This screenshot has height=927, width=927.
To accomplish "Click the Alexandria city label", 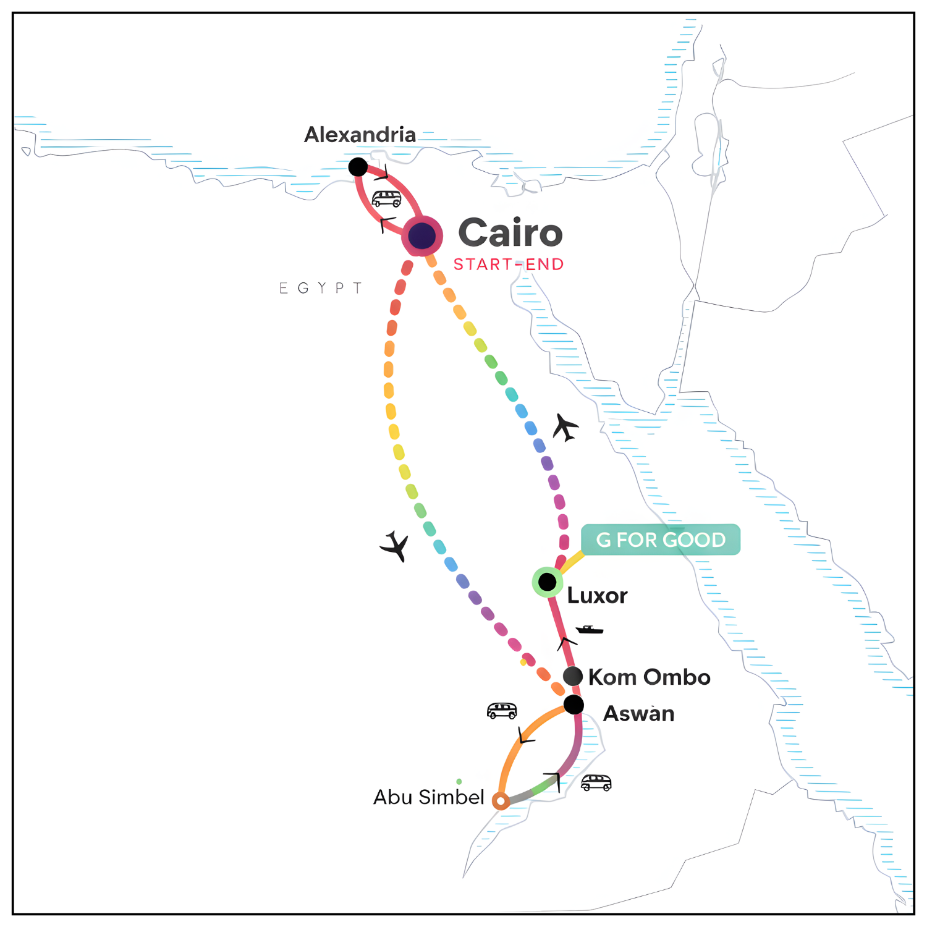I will tap(360, 135).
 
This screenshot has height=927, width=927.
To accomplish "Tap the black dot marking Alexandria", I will tap(358, 167).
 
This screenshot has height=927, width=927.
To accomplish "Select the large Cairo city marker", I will tap(422, 236).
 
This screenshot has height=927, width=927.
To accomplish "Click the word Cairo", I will tap(510, 233).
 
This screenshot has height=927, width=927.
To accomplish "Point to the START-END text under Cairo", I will tap(509, 265).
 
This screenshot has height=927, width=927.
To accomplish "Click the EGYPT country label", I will tap(320, 288).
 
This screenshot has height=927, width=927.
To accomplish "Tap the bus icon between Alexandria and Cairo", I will tap(387, 199).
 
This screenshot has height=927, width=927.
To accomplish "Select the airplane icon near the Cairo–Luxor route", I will tap(565, 428).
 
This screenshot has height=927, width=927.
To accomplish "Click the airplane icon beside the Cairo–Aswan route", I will tap(395, 546).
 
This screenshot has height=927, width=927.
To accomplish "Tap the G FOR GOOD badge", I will tap(660, 540).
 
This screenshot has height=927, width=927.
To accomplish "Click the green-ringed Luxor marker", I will tap(547, 582).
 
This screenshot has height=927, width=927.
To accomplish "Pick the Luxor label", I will tap(597, 596).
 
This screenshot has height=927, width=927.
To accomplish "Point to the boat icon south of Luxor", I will tap(589, 630).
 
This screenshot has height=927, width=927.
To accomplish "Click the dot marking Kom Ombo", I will tap(573, 676).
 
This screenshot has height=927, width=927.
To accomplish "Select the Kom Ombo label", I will tap(649, 677).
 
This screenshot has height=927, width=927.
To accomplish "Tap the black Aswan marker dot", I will tap(574, 705).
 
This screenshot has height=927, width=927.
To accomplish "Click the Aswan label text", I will tap(638, 714).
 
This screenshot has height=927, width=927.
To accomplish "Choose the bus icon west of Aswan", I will tap(502, 711).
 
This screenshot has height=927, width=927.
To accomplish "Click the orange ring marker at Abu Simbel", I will tap(501, 801).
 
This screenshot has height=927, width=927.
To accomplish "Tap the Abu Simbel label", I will tap(428, 797).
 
